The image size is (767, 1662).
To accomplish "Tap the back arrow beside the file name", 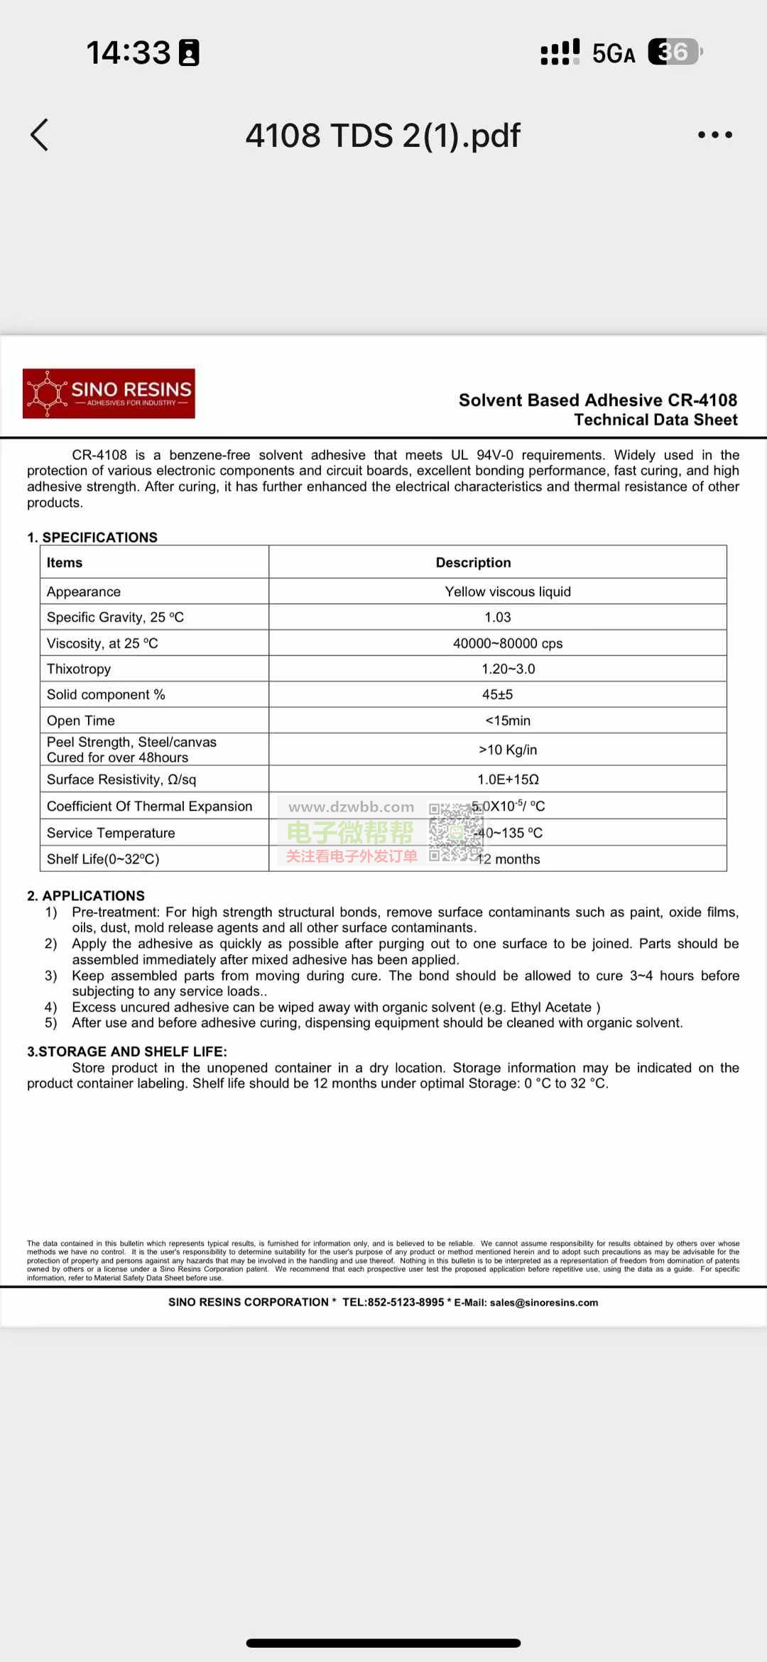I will pyautogui.click(x=40, y=135).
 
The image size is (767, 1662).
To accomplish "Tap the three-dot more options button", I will pyautogui.click(x=714, y=135).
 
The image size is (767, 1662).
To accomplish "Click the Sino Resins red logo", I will pyautogui.click(x=109, y=393).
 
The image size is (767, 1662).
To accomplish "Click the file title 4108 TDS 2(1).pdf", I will pyautogui.click(x=383, y=135).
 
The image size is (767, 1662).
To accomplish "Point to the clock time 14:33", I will pyautogui.click(x=129, y=53).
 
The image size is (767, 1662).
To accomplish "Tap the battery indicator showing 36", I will pyautogui.click(x=674, y=52).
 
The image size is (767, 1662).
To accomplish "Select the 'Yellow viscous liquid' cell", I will pyautogui.click(x=507, y=591).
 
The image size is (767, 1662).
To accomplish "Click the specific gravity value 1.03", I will pyautogui.click(x=497, y=617).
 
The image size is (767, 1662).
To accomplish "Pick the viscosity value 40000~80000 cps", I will pyautogui.click(x=507, y=643).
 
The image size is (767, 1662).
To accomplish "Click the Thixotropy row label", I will pyautogui.click(x=79, y=669).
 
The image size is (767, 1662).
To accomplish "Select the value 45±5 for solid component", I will pyautogui.click(x=497, y=694).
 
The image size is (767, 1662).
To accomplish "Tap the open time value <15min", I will pyautogui.click(x=507, y=721).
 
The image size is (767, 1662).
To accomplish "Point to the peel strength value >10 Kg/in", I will pyautogui.click(x=507, y=750).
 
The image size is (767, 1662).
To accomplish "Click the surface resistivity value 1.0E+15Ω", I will pyautogui.click(x=507, y=780).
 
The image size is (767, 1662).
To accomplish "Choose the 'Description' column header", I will pyautogui.click(x=473, y=562).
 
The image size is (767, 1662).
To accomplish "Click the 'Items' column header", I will pyautogui.click(x=65, y=562).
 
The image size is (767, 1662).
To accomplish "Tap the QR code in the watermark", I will pyautogui.click(x=455, y=832).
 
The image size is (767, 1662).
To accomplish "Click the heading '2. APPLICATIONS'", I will pyautogui.click(x=86, y=896).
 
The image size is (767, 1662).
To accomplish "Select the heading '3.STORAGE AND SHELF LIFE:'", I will pyautogui.click(x=127, y=1051).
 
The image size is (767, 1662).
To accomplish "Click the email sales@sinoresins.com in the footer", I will pyautogui.click(x=543, y=1303).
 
